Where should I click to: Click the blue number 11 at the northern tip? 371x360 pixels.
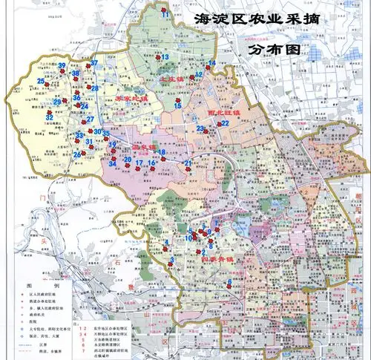pos(165,14)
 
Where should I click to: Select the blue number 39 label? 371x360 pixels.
pos(63,66)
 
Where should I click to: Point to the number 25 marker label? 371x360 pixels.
pos(42,81)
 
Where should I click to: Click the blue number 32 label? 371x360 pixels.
pos(49,117)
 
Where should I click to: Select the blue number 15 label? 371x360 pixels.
pos(177,106)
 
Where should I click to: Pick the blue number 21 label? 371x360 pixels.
pos(188,163)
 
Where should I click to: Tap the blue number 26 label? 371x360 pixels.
pos(77,154)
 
